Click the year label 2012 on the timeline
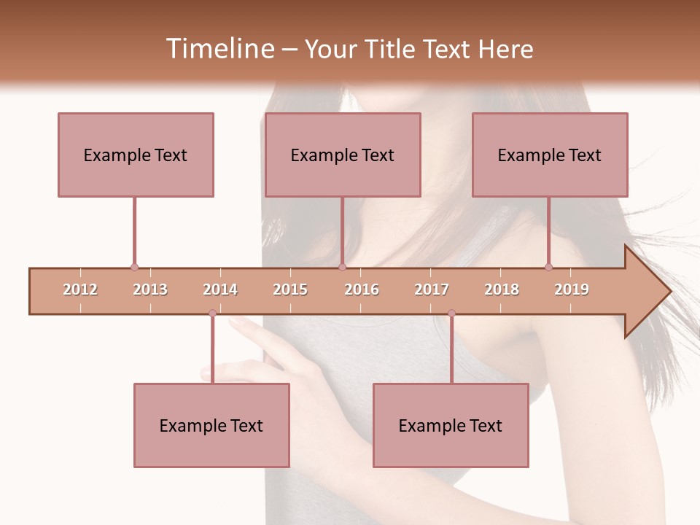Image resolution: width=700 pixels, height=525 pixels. [80, 290]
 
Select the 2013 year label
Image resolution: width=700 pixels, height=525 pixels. [150, 290]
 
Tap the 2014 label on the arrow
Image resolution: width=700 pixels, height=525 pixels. [220, 290]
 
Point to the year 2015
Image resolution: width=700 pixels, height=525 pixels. [290, 290]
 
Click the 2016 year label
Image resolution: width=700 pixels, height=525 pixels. [362, 290]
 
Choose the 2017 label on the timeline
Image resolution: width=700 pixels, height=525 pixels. [432, 290]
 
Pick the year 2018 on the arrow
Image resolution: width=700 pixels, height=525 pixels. [502, 290]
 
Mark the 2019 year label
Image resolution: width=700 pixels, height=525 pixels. [572, 290]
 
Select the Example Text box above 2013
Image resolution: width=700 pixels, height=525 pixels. [136, 155]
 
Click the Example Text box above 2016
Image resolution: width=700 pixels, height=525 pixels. [343, 155]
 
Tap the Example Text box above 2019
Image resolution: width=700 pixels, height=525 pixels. [550, 155]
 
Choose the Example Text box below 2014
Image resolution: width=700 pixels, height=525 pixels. [211, 426]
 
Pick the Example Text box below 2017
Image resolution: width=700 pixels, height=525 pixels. [451, 426]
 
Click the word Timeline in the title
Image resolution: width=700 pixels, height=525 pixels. [219, 49]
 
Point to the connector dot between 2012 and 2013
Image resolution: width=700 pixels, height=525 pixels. [134, 268]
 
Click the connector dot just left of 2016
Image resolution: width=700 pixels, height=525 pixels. [342, 268]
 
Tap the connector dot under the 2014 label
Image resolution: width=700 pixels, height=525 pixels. [212, 314]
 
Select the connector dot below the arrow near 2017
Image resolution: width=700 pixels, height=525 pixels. [451, 314]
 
